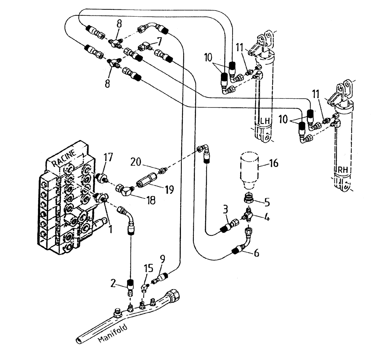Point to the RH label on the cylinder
coord(342,170)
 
